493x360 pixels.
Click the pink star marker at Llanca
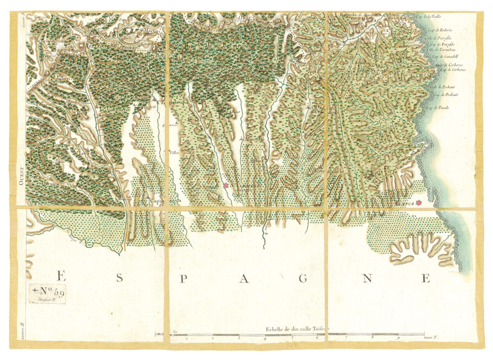click(418, 203)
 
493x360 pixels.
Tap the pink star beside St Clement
click(226, 186)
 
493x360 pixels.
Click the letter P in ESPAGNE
click(184, 279)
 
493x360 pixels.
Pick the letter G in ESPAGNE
click(304, 279)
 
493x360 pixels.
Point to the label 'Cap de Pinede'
click(438, 108)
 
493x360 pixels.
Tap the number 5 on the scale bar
click(292, 339)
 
